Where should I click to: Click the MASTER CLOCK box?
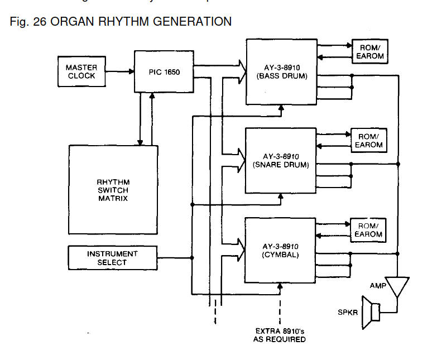pyautogui.click(x=81, y=71)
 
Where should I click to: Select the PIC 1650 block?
pyautogui.click(x=164, y=72)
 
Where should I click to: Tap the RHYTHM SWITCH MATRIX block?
pyautogui.click(x=113, y=190)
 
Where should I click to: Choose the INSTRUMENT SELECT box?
pyautogui.click(x=112, y=258)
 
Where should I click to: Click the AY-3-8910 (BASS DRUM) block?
pyautogui.click(x=281, y=71)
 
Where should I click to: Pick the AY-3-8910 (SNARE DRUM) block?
pyautogui.click(x=281, y=161)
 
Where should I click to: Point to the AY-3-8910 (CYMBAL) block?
pyautogui.click(x=281, y=251)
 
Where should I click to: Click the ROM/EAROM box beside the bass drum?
pyautogui.click(x=369, y=51)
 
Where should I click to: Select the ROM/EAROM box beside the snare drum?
pyautogui.click(x=368, y=140)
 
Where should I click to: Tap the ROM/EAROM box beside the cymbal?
pyautogui.click(x=368, y=229)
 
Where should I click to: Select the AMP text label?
pyautogui.click(x=378, y=285)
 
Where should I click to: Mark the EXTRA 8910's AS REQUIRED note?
pyautogui.click(x=280, y=335)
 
